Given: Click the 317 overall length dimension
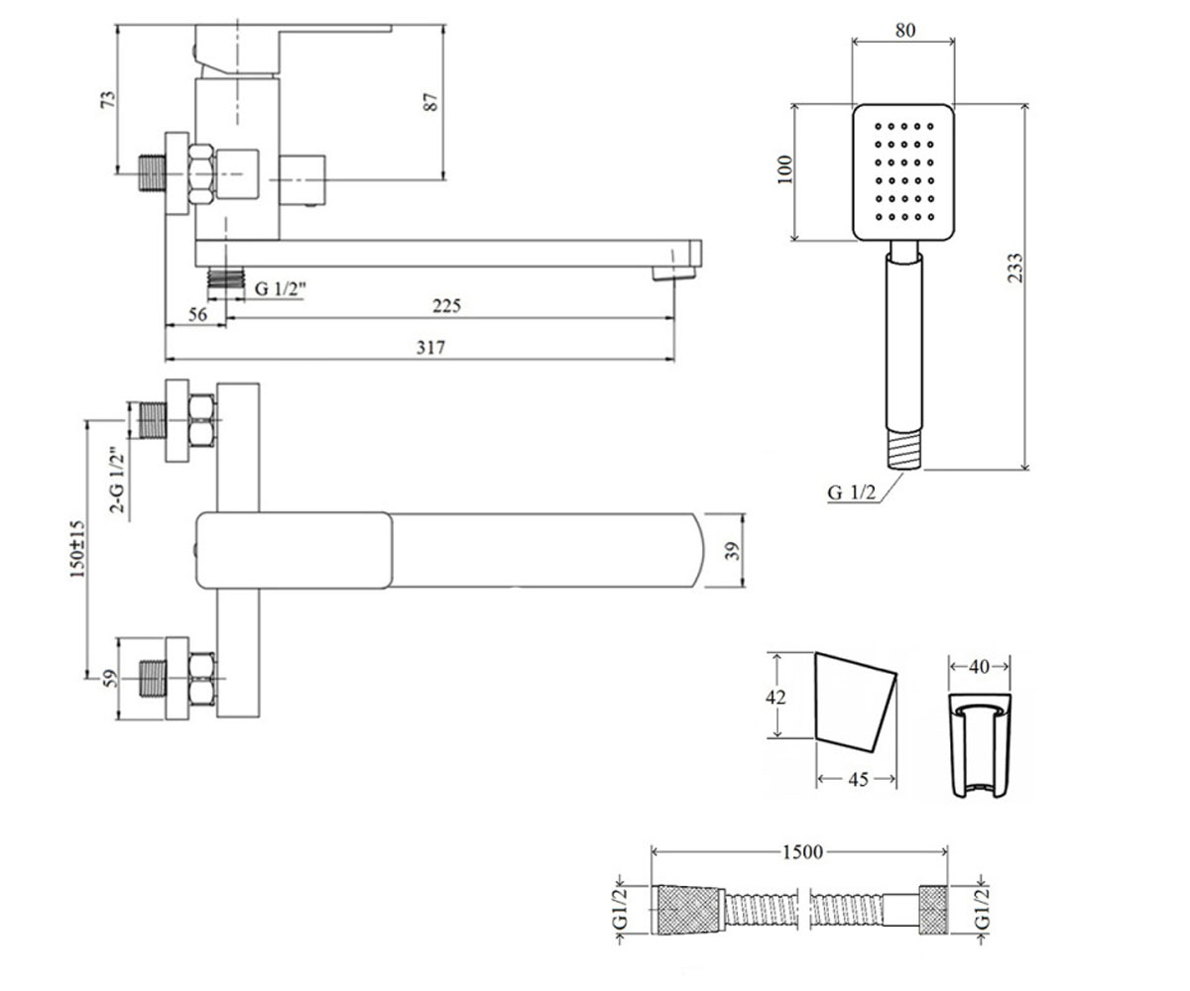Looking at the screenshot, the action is pyautogui.click(x=430, y=348).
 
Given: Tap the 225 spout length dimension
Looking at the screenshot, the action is pyautogui.click(x=446, y=306).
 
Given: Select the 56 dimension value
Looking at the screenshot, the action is pyautogui.click(x=197, y=314).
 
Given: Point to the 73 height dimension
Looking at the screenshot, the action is pyautogui.click(x=108, y=99).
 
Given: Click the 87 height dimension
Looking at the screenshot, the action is pyautogui.click(x=430, y=101).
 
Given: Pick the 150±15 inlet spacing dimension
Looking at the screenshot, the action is pyautogui.click(x=77, y=549).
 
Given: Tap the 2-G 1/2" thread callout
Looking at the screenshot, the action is pyautogui.click(x=117, y=480).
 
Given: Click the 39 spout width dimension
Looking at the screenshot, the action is pyautogui.click(x=733, y=550).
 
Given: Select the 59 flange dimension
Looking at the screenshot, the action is pyautogui.click(x=110, y=678).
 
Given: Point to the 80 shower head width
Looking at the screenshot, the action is pyautogui.click(x=905, y=30).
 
